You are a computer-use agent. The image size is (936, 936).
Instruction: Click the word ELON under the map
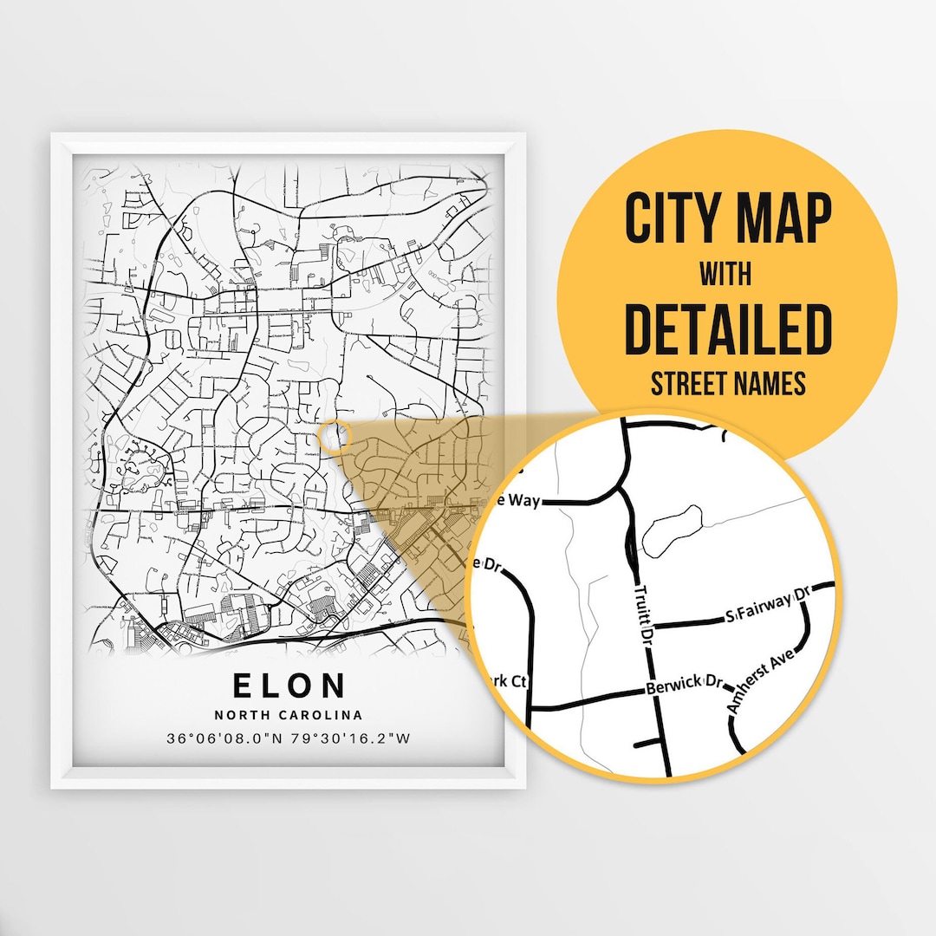(x=289, y=685)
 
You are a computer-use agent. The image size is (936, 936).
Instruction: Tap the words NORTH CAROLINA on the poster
(x=289, y=715)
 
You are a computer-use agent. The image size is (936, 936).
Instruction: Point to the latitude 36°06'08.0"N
(x=227, y=738)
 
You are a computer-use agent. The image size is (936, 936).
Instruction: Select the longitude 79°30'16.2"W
(x=351, y=738)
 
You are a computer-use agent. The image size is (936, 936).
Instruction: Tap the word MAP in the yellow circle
(x=786, y=220)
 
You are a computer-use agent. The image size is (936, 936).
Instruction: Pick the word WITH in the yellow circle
(x=726, y=275)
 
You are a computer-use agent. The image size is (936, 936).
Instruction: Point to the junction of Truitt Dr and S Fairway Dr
(x=648, y=626)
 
